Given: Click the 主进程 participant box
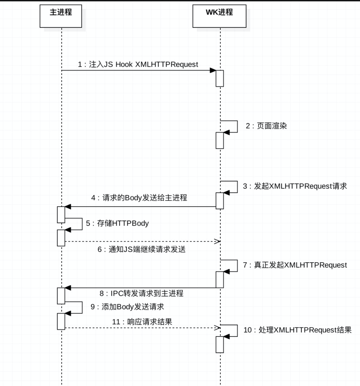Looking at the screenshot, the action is [x=61, y=16].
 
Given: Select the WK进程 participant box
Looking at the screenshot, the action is [x=219, y=16].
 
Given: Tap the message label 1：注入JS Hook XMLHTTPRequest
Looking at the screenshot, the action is [x=138, y=64].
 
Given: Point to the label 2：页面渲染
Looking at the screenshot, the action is [x=266, y=126].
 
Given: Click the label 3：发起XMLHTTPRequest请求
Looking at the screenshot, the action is [x=295, y=186].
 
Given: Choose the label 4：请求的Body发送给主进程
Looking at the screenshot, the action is [x=139, y=198].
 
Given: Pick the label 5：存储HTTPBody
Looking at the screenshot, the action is [x=117, y=223].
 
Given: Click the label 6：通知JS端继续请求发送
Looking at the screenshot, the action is [x=141, y=249].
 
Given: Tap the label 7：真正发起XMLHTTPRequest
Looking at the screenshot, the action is [x=295, y=265].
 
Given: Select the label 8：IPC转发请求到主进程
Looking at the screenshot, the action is [x=141, y=293].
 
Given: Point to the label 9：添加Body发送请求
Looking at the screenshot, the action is [x=127, y=307].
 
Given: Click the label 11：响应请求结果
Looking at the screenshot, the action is [x=142, y=322].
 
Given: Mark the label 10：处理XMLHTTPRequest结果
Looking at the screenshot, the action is [x=298, y=330].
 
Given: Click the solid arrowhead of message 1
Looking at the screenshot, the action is [x=213, y=71].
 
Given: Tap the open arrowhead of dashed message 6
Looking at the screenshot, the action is [x=217, y=242].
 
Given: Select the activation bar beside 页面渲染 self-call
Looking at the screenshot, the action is [x=220, y=140].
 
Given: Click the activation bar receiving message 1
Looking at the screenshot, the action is [x=220, y=79].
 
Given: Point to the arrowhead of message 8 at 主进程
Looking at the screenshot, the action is [x=68, y=288].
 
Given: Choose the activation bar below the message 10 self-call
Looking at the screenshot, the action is [x=220, y=345].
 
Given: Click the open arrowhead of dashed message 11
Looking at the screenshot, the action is [x=217, y=328].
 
